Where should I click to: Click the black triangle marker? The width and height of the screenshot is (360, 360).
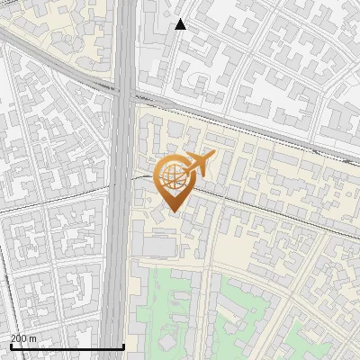click(x=181, y=24)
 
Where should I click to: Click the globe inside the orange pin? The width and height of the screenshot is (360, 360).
click(x=172, y=175)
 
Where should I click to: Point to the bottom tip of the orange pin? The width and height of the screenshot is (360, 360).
click(x=174, y=211)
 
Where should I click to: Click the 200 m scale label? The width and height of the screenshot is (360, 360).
click(x=23, y=338)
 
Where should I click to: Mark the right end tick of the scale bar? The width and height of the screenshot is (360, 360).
click(x=122, y=344)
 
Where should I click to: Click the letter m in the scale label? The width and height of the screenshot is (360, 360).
click(x=34, y=338)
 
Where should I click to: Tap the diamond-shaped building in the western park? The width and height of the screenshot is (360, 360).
click(x=167, y=344)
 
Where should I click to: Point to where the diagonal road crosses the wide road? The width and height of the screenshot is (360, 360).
click(x=124, y=90)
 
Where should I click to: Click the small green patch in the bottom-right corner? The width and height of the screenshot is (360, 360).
click(x=346, y=346)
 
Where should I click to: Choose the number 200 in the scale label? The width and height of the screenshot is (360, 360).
click(x=19, y=338)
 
